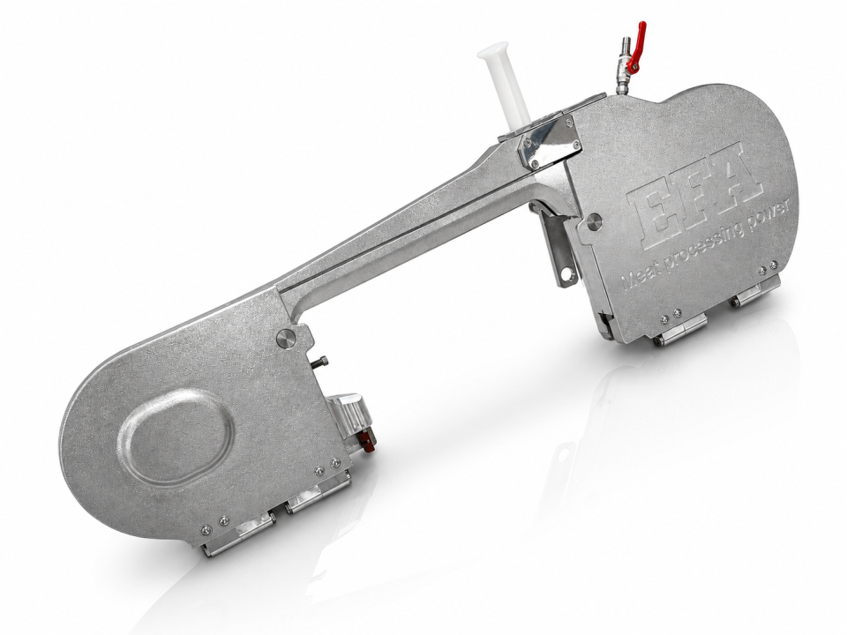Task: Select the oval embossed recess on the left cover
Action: (176, 437)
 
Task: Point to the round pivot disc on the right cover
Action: (594, 220)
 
